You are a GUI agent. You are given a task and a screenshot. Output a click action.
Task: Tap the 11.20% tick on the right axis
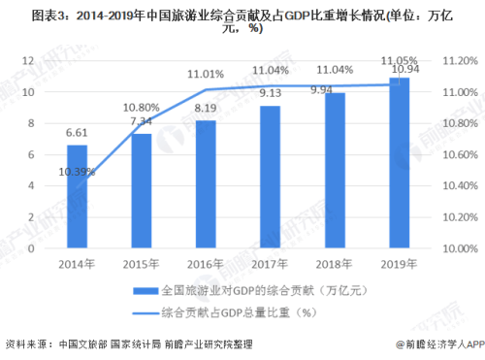(x=454, y=61)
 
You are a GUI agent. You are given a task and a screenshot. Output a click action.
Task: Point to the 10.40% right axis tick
(x=454, y=186)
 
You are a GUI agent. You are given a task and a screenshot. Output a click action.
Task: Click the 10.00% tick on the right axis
(x=454, y=249)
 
